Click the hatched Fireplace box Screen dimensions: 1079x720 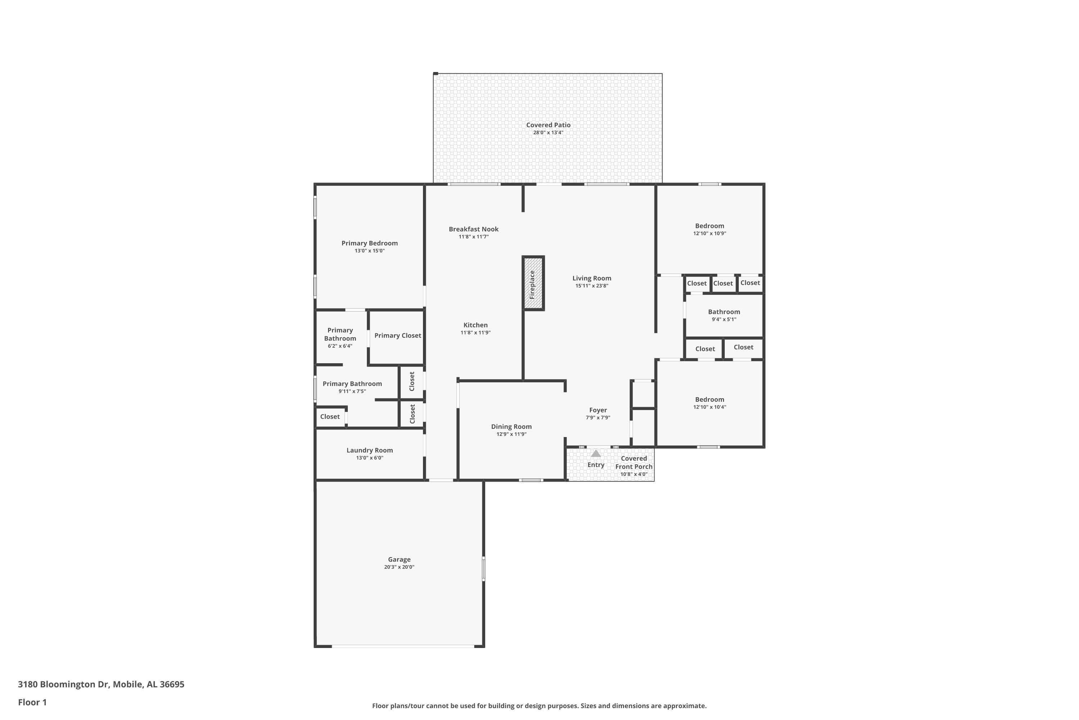point(533,283)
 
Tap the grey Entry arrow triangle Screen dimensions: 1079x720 point(596,454)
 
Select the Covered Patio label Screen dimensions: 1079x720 point(548,125)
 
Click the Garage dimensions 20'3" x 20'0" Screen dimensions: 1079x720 point(399,567)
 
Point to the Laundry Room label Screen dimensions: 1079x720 point(370,450)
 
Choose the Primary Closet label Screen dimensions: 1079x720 point(398,336)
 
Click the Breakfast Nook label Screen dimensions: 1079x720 point(473,229)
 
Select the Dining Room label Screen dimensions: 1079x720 point(511,427)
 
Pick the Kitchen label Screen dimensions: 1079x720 point(475,325)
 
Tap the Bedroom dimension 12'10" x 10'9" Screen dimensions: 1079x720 point(710,233)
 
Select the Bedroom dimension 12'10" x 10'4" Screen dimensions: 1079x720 point(710,407)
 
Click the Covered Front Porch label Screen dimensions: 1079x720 point(634,462)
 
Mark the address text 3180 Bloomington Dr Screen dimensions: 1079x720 point(63,684)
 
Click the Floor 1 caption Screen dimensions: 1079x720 point(32,702)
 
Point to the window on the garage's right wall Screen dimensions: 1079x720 point(483,569)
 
